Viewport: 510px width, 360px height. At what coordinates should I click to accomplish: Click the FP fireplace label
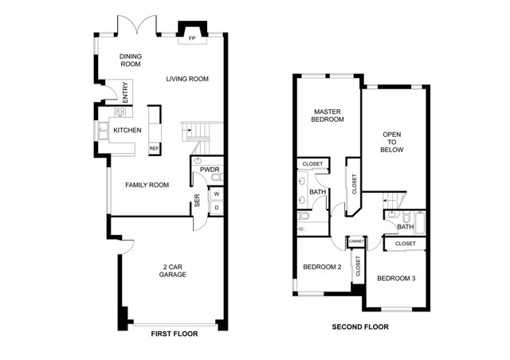click(x=191, y=37)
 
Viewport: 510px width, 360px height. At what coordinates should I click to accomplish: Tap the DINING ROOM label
click(x=130, y=61)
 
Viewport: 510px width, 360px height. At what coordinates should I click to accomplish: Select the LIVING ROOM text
click(x=187, y=79)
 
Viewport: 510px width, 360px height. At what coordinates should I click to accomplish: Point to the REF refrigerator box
click(x=154, y=148)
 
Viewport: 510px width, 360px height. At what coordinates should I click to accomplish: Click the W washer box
click(x=216, y=193)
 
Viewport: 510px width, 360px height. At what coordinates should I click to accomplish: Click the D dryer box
click(x=216, y=207)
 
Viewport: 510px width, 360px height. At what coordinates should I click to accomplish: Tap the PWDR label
click(x=210, y=170)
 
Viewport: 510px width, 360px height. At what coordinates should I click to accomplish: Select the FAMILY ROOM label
click(x=147, y=185)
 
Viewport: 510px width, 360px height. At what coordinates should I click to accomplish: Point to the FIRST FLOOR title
click(x=175, y=335)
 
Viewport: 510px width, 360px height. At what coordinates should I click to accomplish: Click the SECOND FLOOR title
click(x=360, y=327)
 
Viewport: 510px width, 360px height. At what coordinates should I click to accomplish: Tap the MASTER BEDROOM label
click(x=328, y=115)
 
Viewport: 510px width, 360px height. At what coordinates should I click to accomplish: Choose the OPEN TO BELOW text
click(x=392, y=142)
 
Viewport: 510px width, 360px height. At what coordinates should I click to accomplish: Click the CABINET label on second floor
click(x=357, y=241)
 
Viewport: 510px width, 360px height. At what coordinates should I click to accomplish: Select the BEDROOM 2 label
click(x=322, y=267)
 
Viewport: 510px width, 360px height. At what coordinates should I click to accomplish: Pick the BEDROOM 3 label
click(x=396, y=278)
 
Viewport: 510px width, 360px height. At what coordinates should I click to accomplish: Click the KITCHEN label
click(x=127, y=130)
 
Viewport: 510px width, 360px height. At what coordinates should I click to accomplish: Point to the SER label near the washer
click(x=196, y=202)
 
